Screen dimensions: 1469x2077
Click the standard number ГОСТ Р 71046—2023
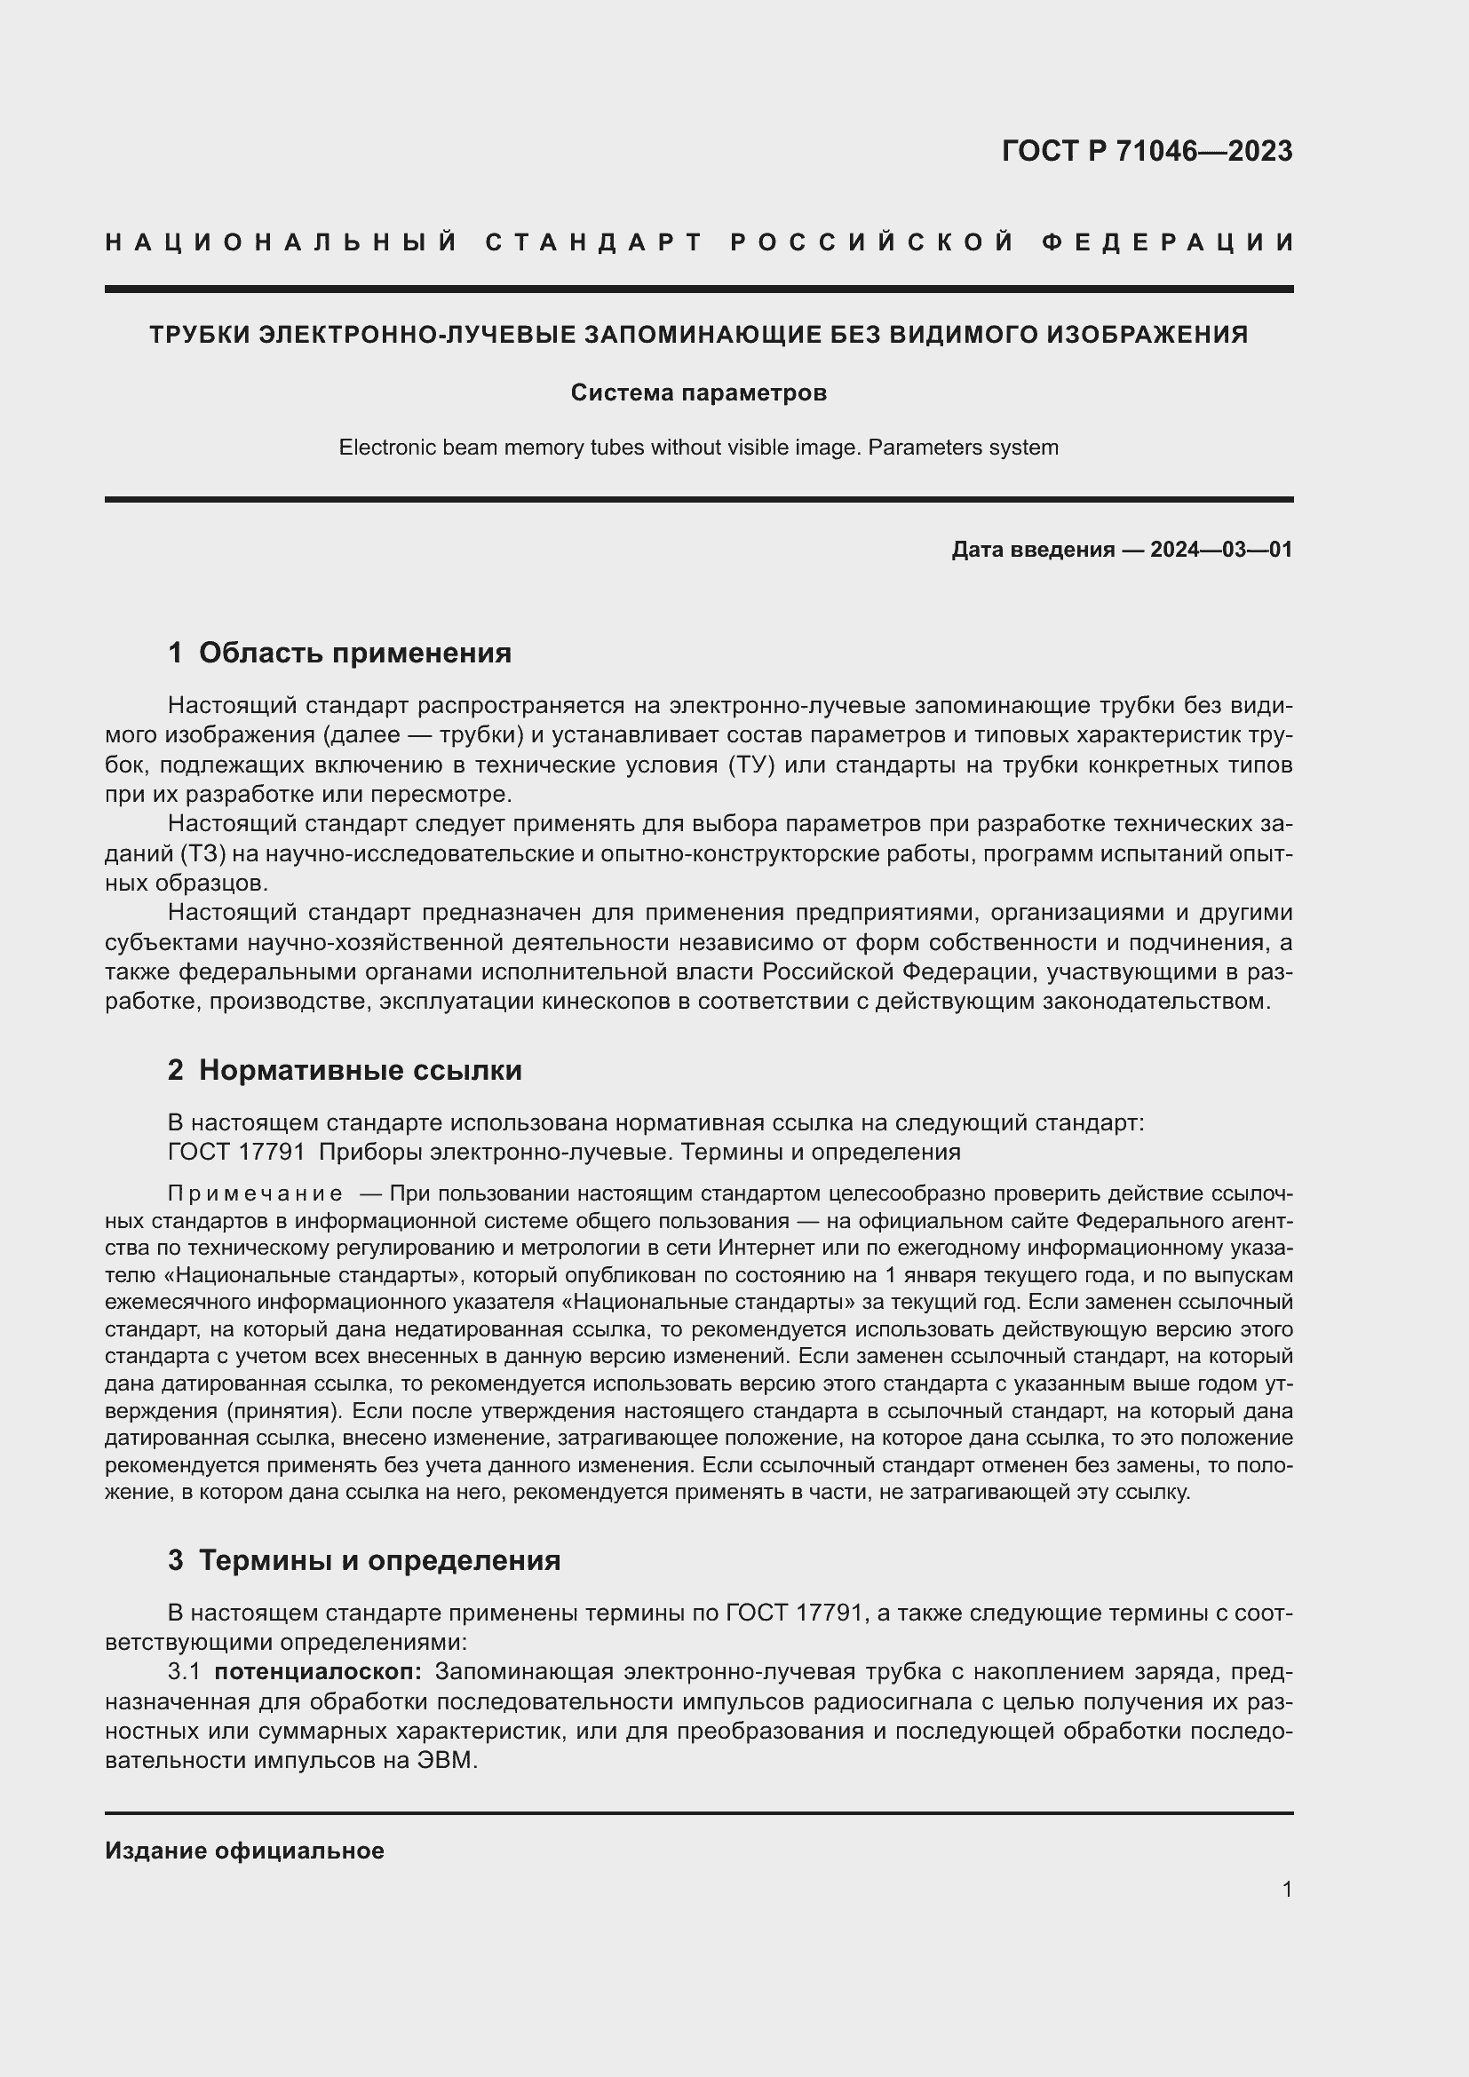pyautogui.click(x=1146, y=150)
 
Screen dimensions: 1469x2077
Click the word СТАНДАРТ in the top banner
pyautogui.click(x=594, y=242)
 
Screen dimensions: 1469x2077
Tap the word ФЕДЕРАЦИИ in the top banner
pyautogui.click(x=1168, y=242)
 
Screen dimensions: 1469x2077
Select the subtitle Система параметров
pyautogui.click(x=698, y=392)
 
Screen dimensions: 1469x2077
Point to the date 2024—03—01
pyautogui.click(x=1220, y=549)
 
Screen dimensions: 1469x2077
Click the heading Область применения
pyautogui.click(x=354, y=653)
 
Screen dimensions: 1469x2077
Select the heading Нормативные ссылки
pyautogui.click(x=360, y=1070)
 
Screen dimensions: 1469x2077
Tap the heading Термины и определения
pyautogui.click(x=379, y=1560)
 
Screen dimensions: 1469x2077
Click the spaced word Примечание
pyautogui.click(x=255, y=1194)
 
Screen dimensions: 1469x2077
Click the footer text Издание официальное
pyautogui.click(x=244, y=1851)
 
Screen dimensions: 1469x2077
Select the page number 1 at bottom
pyautogui.click(x=1286, y=1889)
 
